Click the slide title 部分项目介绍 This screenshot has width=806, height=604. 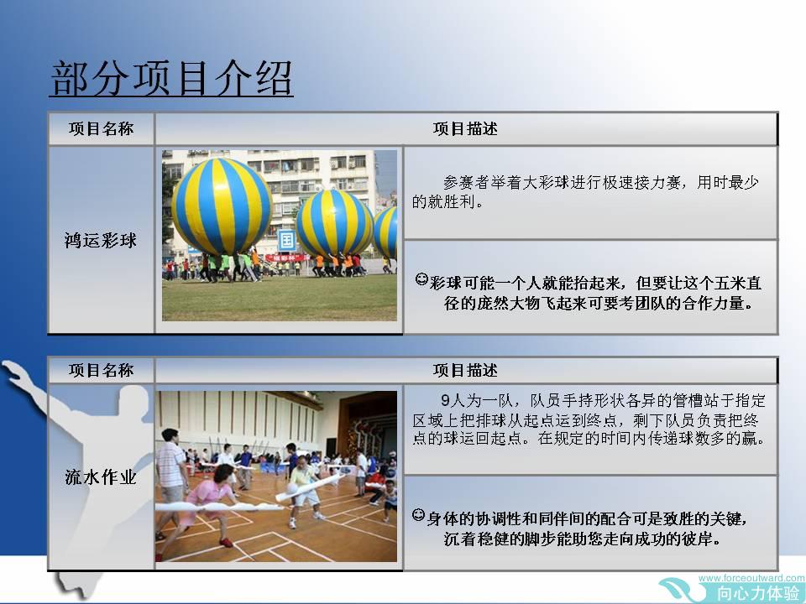point(171,78)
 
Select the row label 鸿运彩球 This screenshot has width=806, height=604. point(101,241)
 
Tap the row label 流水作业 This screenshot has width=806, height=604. point(101,477)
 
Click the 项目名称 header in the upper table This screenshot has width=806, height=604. point(101,128)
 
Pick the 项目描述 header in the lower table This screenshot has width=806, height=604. point(465,370)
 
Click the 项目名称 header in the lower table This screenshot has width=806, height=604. point(101,370)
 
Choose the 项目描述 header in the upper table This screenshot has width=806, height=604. point(465,128)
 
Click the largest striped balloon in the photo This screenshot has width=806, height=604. point(222,206)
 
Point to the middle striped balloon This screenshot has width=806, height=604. point(334,223)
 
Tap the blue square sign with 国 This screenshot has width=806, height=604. point(287,241)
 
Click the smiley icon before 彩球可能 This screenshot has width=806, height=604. point(421,280)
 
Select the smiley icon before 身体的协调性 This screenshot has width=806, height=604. point(418,514)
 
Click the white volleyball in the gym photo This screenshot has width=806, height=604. point(292,488)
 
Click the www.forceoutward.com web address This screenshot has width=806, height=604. point(751,578)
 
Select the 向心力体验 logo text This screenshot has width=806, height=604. point(758,593)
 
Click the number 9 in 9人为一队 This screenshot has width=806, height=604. point(445,400)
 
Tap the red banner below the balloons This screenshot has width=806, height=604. point(285,257)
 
